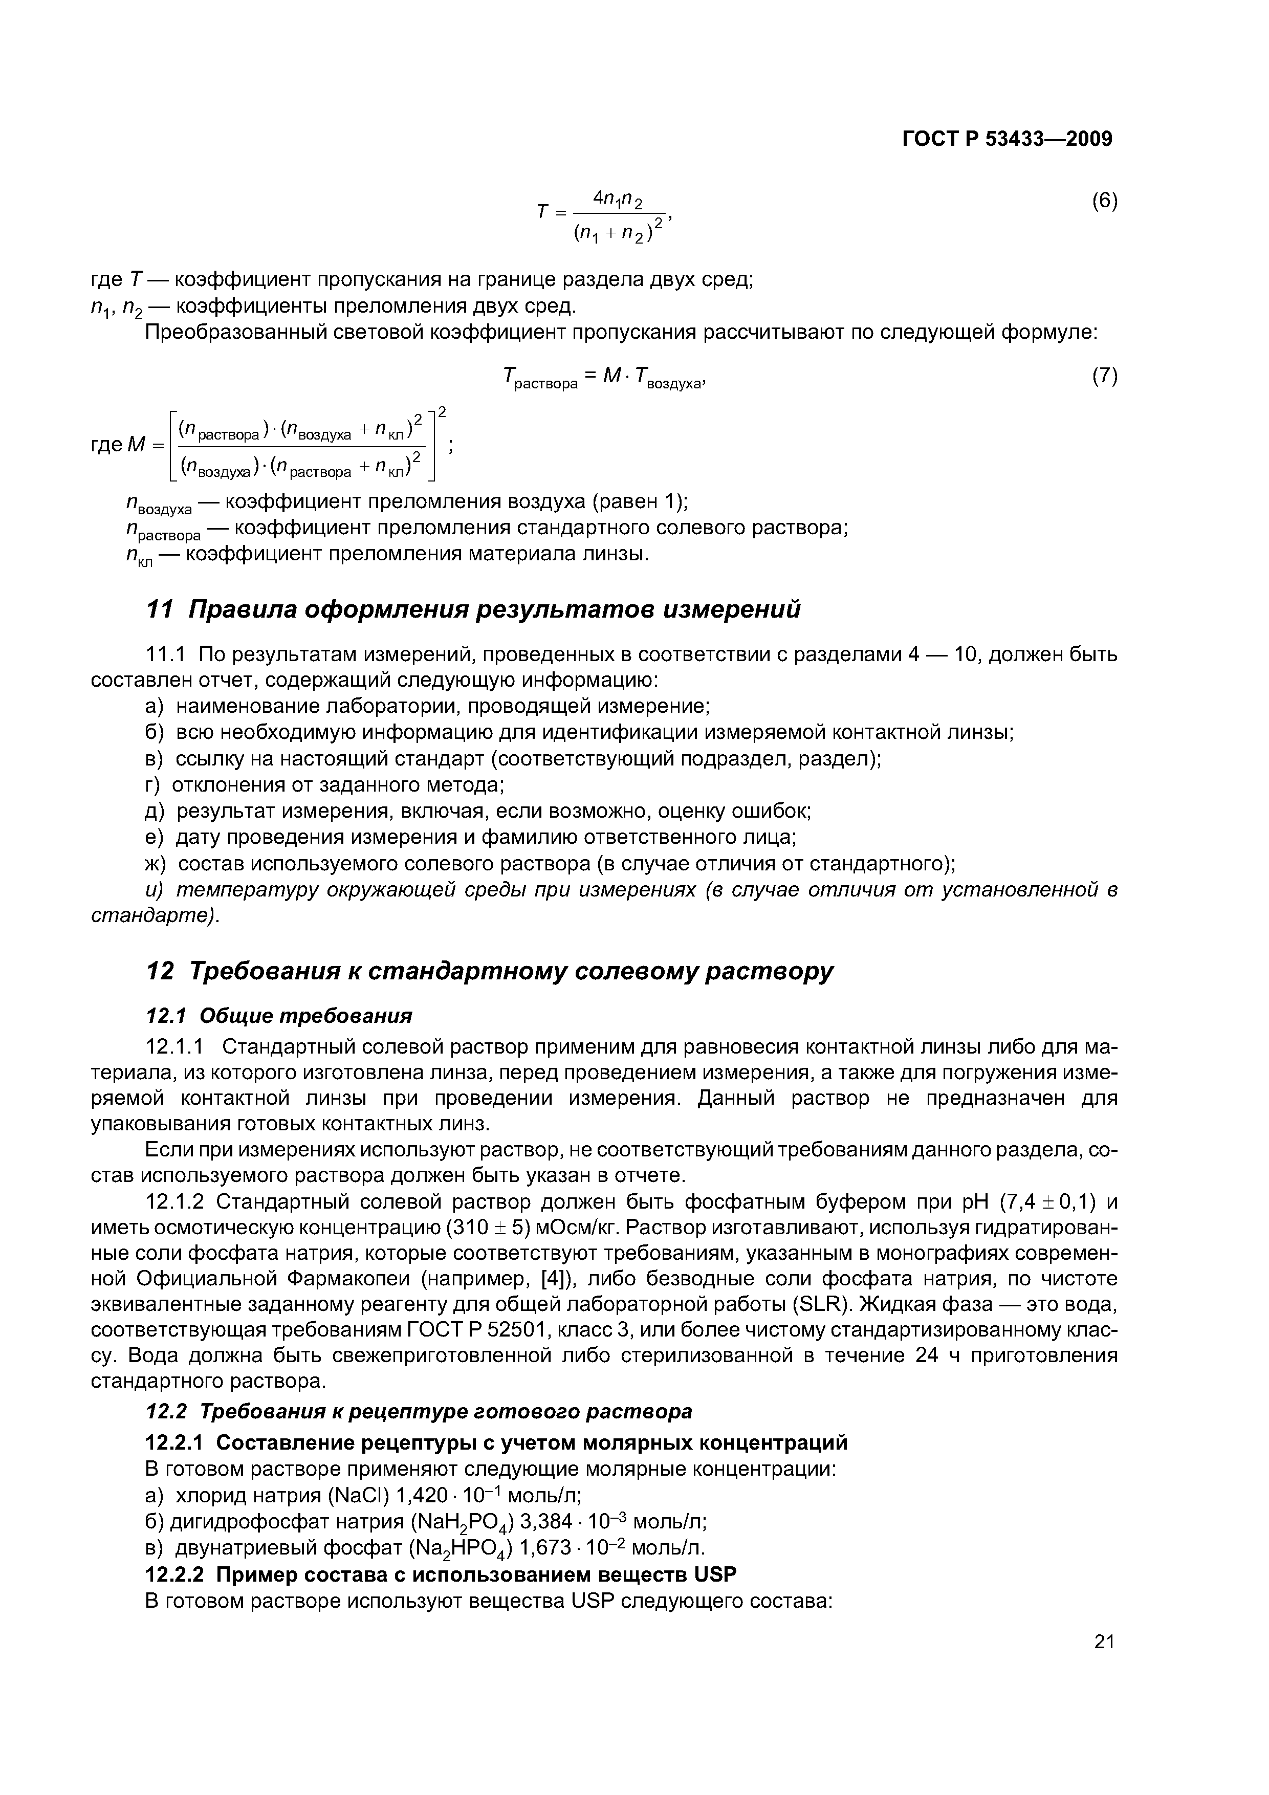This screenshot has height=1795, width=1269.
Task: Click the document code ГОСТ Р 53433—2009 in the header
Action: (1007, 139)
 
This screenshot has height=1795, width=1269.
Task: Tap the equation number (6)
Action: (1104, 201)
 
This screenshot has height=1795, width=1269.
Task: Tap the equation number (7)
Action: (1104, 376)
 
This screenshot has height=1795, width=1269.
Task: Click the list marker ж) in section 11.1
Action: (156, 864)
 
